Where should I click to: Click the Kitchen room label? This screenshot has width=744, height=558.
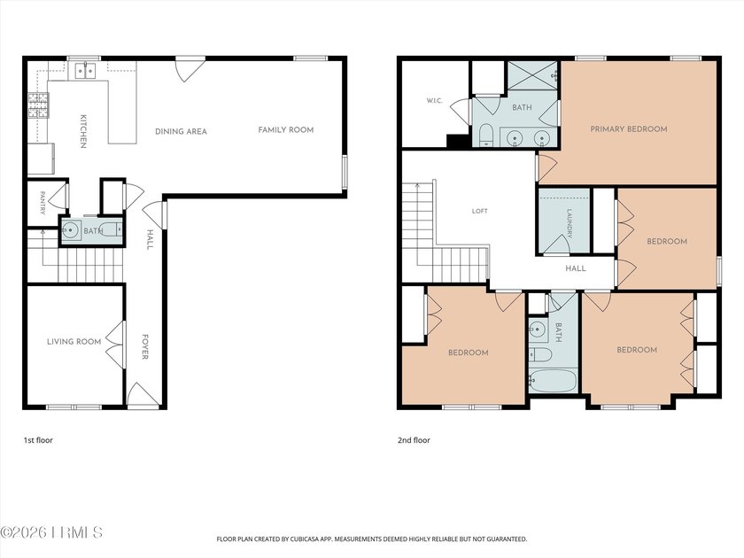(82, 131)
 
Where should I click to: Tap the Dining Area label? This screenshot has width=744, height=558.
(181, 131)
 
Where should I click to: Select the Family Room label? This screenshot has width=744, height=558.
(285, 129)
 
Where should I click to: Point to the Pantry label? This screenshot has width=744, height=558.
(43, 203)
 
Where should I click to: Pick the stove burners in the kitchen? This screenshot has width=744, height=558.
(38, 105)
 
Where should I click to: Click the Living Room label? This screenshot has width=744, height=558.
(74, 341)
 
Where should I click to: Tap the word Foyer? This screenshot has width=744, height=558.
(145, 347)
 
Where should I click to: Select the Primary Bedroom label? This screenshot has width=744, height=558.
(629, 128)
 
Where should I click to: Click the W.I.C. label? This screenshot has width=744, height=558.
(434, 101)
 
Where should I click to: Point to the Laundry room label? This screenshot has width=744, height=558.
(570, 224)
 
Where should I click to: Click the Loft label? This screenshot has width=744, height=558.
(480, 211)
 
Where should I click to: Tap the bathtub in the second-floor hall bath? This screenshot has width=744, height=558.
(553, 381)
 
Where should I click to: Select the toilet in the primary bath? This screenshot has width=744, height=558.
(486, 135)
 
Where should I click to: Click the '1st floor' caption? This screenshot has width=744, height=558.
(38, 440)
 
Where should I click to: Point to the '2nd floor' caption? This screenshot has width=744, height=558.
(414, 440)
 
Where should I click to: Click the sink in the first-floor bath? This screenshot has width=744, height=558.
(71, 230)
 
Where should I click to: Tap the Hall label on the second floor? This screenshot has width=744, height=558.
(576, 268)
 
